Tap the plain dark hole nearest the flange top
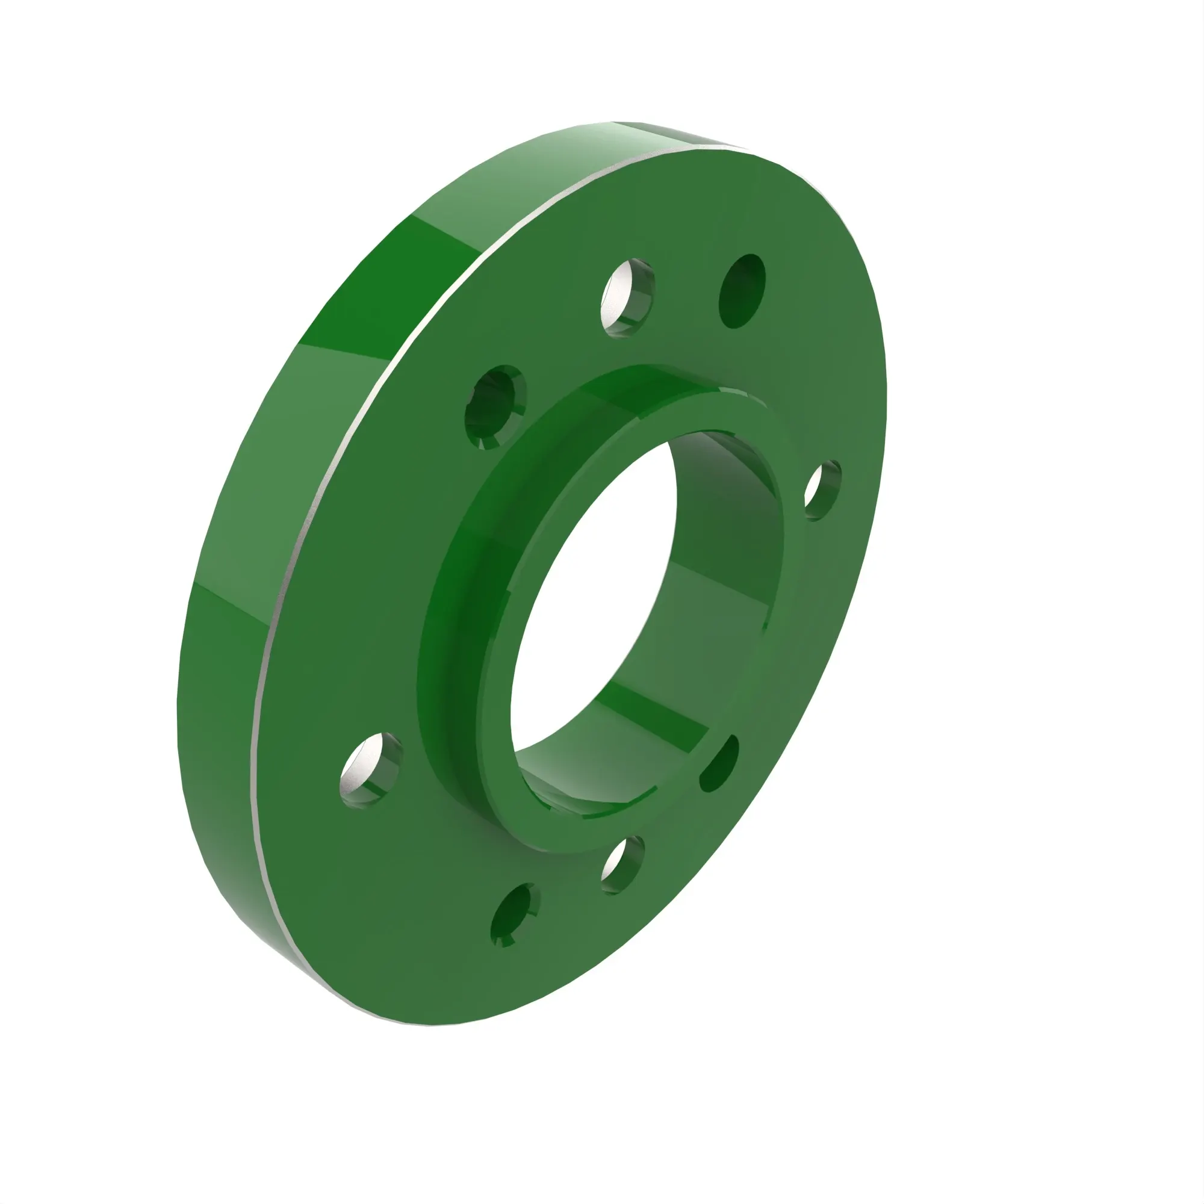pyautogui.click(x=742, y=291)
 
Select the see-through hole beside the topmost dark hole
pyautogui.click(x=627, y=298)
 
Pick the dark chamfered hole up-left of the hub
pyautogui.click(x=495, y=407)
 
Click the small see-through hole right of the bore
pyautogui.click(x=821, y=491)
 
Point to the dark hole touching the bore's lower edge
pyautogui.click(x=719, y=764)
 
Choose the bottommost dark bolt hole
pyautogui.click(x=514, y=915)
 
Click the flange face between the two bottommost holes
pyautogui.click(x=561, y=898)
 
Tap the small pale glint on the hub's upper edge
pyautogui.click(x=729, y=391)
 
